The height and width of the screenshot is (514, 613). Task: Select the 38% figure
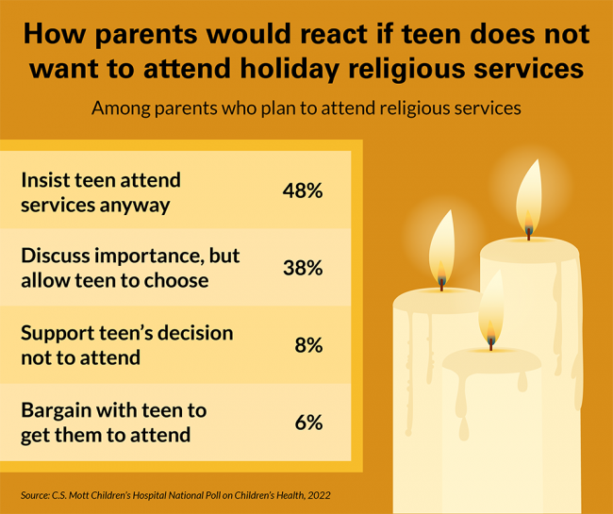pyautogui.click(x=303, y=268)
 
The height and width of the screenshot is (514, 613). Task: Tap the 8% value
pyautogui.click(x=308, y=345)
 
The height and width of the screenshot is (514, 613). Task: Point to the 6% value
pyautogui.click(x=308, y=423)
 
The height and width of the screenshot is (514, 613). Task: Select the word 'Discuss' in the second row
pyautogui.click(x=56, y=257)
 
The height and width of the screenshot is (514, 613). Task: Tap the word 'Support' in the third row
pyautogui.click(x=58, y=334)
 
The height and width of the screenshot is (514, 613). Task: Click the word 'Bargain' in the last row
pyautogui.click(x=58, y=411)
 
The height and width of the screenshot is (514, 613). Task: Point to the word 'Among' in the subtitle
pyautogui.click(x=118, y=108)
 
